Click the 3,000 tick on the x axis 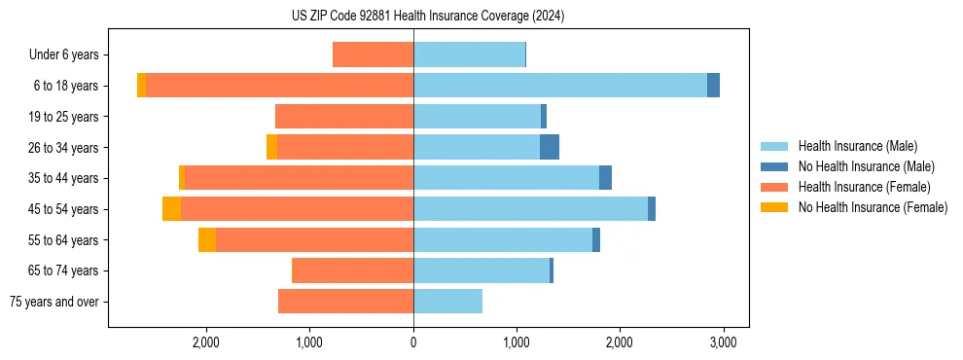722,342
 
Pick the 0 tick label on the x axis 413,342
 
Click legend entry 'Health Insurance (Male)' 857,146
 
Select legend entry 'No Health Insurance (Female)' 873,207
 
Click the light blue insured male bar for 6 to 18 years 559,86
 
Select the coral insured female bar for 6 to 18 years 279,86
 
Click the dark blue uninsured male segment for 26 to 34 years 550,147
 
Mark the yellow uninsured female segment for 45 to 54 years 171,209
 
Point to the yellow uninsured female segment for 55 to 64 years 207,240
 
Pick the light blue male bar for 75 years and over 447,302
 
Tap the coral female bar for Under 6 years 373,54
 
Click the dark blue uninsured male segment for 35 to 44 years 605,178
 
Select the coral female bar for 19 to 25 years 344,117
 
